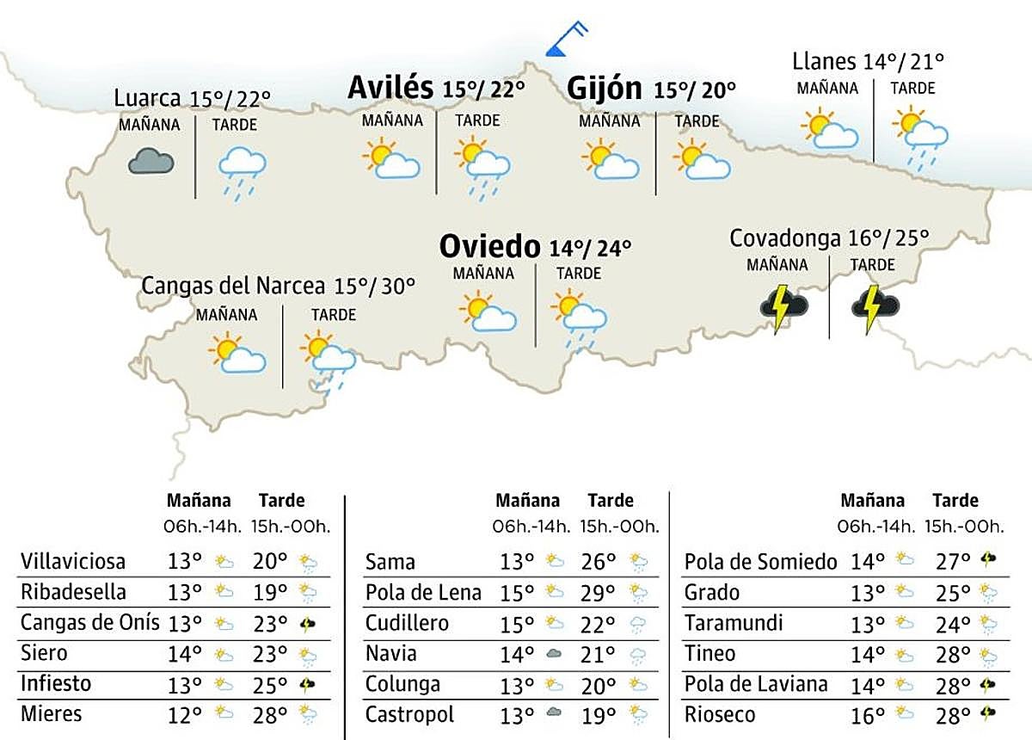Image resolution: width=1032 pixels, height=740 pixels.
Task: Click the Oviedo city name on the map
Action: pos(490,247)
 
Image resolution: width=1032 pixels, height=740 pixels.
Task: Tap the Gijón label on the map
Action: pos(605,88)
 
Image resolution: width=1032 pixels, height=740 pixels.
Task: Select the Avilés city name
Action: pos(390,88)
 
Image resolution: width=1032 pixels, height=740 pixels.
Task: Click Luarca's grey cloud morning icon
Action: pos(150,161)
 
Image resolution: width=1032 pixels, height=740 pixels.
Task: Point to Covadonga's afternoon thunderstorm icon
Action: pos(875,307)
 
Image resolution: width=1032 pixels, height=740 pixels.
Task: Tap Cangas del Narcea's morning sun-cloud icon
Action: pos(236,353)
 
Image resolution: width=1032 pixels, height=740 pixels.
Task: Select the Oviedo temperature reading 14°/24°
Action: pos(591,249)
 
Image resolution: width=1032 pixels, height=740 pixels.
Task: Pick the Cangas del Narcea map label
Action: pos(233,286)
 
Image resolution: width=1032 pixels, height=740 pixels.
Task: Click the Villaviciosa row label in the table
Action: pos(73,562)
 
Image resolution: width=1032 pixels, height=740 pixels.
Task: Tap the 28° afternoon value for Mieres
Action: pos(270,714)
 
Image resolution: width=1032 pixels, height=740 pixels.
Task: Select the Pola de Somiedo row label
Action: pos(760,563)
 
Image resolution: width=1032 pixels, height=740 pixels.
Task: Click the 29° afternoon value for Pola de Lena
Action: pos(599,593)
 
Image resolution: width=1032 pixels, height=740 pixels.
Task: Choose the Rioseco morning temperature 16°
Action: pos(867,715)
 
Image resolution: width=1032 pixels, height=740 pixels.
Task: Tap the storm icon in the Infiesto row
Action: pos(307,685)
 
